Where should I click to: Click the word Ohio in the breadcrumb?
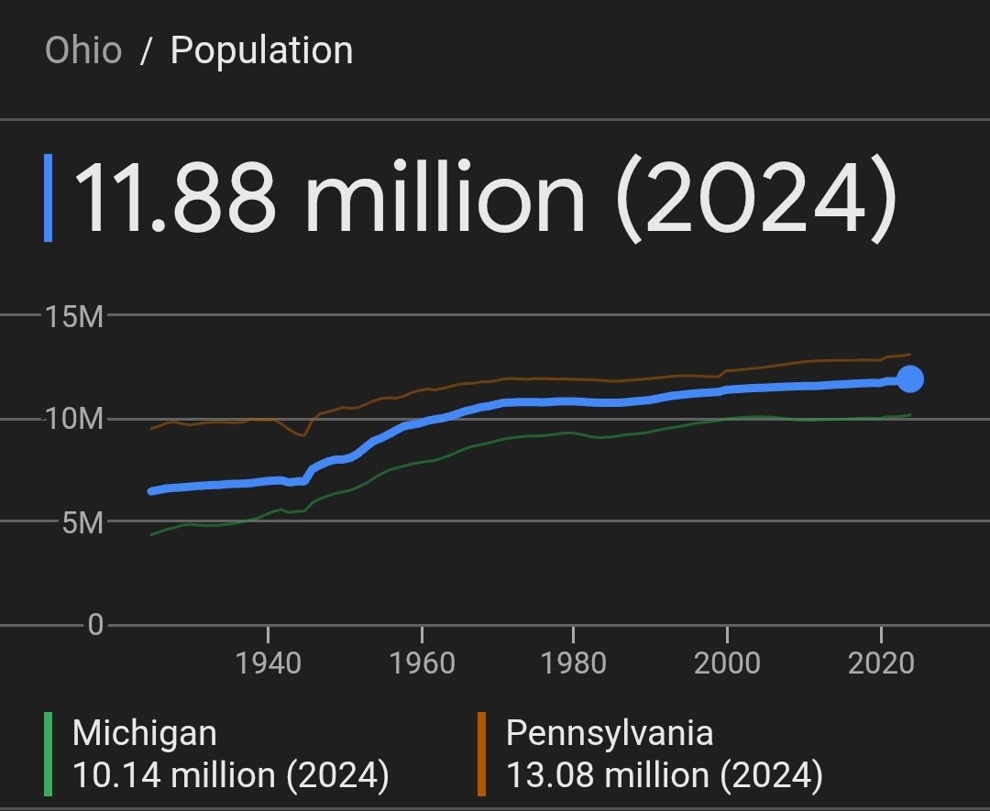click(x=83, y=50)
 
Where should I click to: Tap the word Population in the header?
click(x=261, y=50)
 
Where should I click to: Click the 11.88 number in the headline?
click(x=174, y=198)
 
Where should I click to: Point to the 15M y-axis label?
click(x=74, y=317)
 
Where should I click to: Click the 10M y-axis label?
click(x=74, y=420)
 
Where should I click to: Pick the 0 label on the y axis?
click(x=95, y=626)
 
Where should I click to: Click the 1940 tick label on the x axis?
click(x=268, y=663)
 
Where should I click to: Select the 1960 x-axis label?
click(x=422, y=663)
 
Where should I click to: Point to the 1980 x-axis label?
click(x=573, y=663)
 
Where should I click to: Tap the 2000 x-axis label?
click(x=727, y=663)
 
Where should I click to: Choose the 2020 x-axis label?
click(x=881, y=663)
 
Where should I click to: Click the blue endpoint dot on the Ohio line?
click(x=910, y=378)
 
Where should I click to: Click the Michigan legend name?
click(x=145, y=733)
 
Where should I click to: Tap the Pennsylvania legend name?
click(x=610, y=733)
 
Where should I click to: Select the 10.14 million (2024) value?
click(x=230, y=775)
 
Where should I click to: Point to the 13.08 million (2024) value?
click(x=665, y=775)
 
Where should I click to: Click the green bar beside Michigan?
click(x=48, y=754)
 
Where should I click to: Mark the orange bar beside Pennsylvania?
click(x=481, y=754)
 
